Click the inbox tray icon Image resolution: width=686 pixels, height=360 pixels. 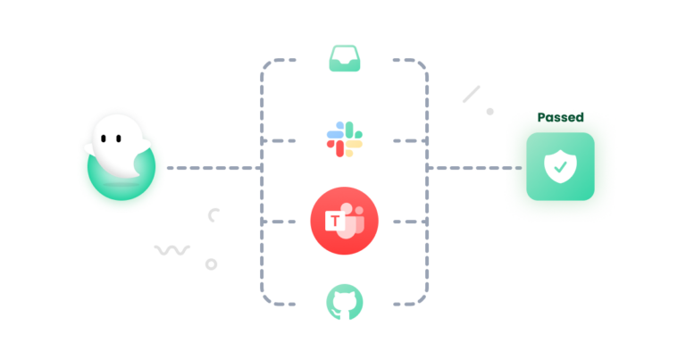344,59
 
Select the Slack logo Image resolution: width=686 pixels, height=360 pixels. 344,140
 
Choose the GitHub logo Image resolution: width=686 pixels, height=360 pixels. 344,302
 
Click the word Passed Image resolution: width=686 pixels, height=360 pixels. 560,117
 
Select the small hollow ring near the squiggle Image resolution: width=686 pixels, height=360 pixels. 212,264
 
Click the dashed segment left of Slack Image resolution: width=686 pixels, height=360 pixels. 284,141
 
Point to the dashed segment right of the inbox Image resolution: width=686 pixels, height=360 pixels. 406,61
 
